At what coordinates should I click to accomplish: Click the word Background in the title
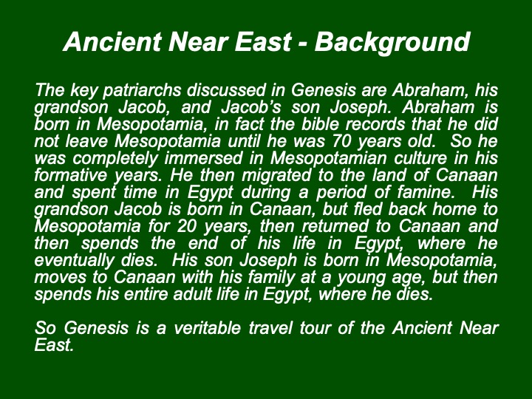tap(392, 42)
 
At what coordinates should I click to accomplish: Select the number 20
tap(187, 226)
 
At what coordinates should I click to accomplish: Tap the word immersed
tap(204, 158)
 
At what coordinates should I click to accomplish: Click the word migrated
tap(276, 175)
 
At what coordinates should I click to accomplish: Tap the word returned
tap(335, 226)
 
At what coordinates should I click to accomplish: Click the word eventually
tap(75, 261)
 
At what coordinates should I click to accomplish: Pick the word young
tap(361, 278)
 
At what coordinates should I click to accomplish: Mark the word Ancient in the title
tap(112, 41)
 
